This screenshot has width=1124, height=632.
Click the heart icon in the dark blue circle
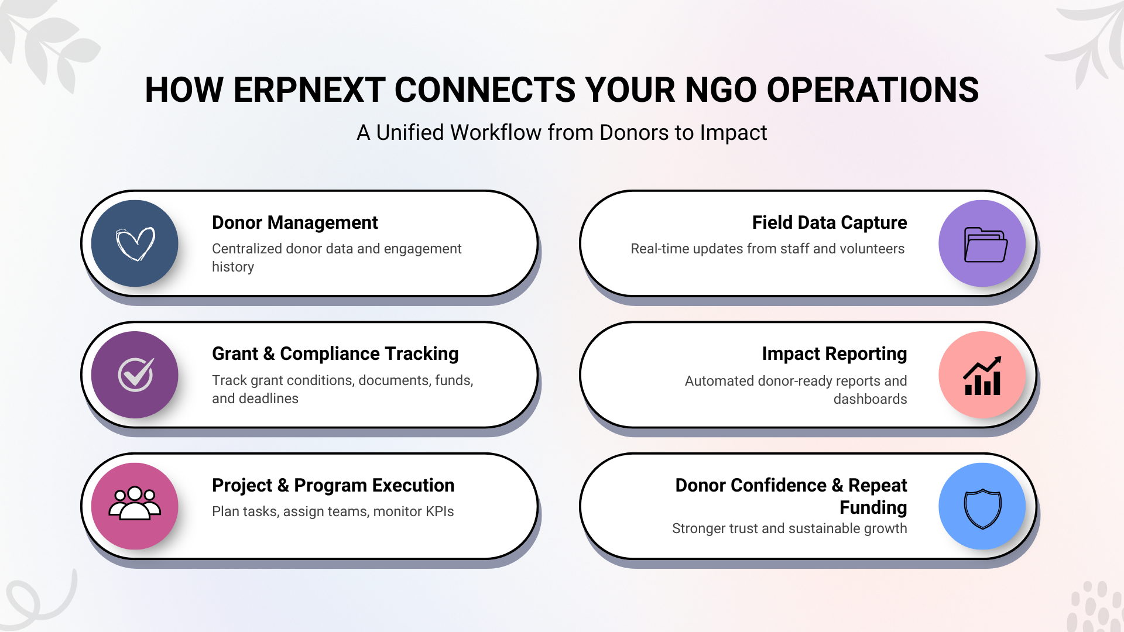[135, 243]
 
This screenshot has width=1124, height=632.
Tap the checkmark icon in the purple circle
[136, 375]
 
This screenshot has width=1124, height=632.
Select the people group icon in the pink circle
[135, 503]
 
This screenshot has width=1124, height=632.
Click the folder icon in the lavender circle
[986, 245]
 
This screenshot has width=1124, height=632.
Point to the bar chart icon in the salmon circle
[982, 376]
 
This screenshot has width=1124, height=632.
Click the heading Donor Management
[295, 223]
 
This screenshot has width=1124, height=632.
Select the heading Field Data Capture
[830, 223]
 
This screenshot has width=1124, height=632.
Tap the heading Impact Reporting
[834, 354]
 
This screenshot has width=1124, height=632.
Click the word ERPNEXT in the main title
[309, 90]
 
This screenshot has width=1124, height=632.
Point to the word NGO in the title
[721, 90]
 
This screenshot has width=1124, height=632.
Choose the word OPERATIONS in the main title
[872, 90]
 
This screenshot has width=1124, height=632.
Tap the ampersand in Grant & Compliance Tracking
[269, 354]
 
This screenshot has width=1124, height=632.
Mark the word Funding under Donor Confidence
[873, 508]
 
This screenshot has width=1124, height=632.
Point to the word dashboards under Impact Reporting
[870, 399]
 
